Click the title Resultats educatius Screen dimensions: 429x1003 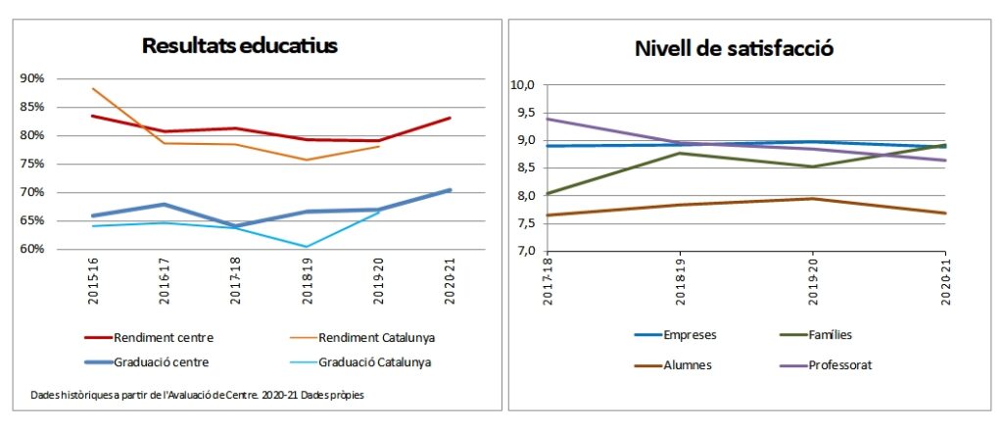click(240, 45)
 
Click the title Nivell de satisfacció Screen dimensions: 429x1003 click(734, 48)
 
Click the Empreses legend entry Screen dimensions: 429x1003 click(690, 334)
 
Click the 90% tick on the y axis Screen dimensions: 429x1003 click(32, 79)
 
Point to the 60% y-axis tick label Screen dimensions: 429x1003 click(32, 249)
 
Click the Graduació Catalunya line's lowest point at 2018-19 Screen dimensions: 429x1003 click(307, 247)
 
